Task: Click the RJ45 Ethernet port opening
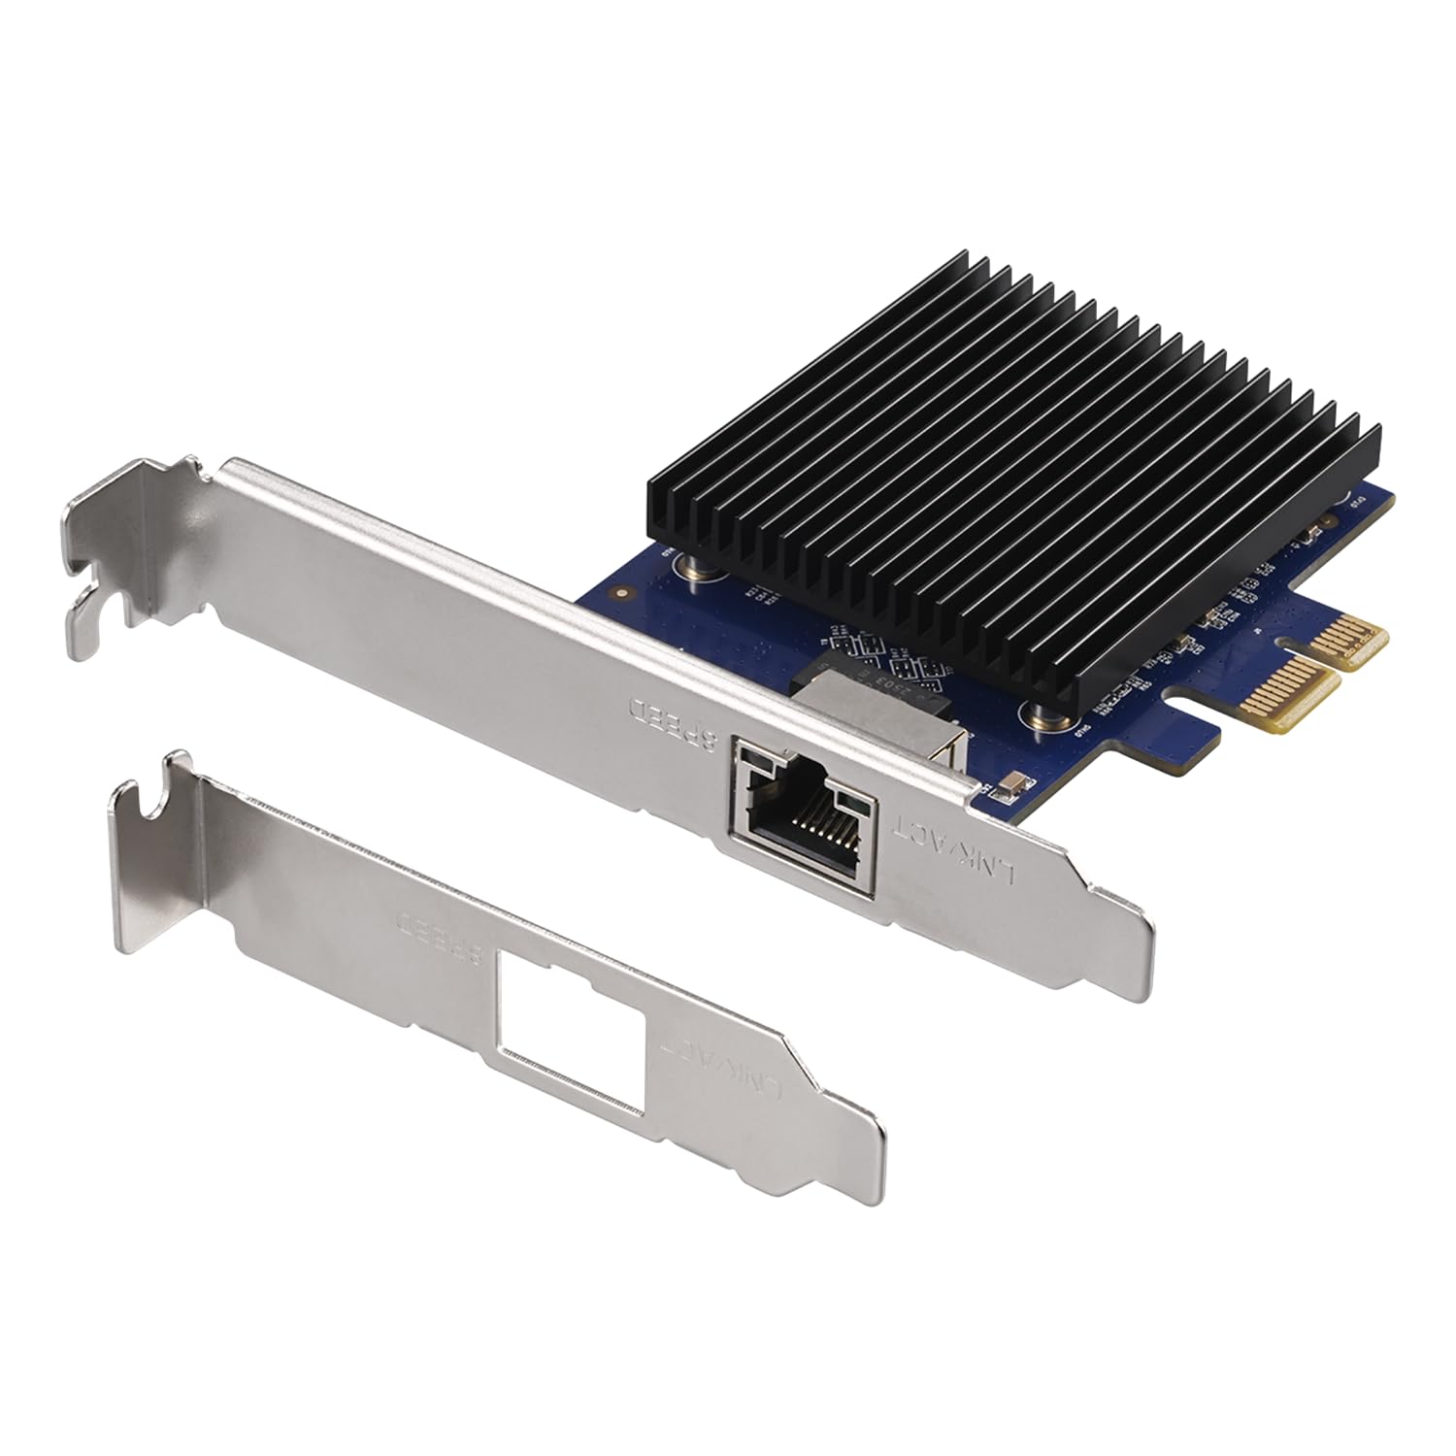pyautogui.click(x=805, y=815)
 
